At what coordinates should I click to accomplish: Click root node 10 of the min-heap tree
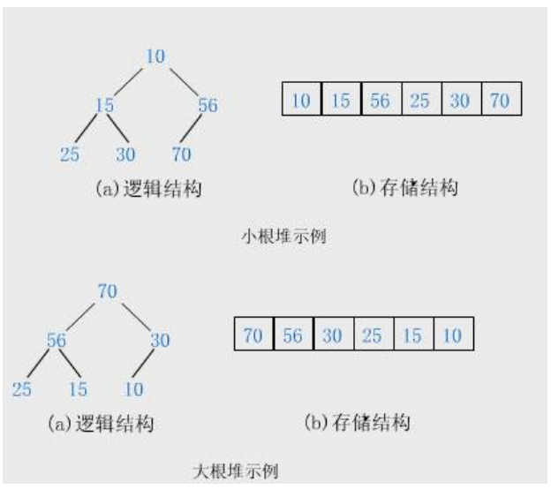pyautogui.click(x=155, y=56)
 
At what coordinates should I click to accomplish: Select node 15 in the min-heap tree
pyautogui.click(x=105, y=106)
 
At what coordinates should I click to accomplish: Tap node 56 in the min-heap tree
pyautogui.click(x=208, y=106)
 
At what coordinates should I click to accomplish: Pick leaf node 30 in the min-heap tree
pyautogui.click(x=125, y=155)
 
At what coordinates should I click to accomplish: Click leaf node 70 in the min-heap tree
pyautogui.click(x=182, y=155)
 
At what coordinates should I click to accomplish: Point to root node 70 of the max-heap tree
pyautogui.click(x=108, y=290)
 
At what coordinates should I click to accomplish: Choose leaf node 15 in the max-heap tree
pyautogui.click(x=78, y=389)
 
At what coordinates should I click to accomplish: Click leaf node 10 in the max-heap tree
pyautogui.click(x=133, y=389)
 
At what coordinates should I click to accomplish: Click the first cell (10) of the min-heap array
pyautogui.click(x=301, y=100)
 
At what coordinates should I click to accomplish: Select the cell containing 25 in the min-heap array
pyautogui.click(x=420, y=100)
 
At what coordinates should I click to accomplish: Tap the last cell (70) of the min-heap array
pyautogui.click(x=501, y=100)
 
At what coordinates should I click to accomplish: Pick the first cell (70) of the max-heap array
pyautogui.click(x=253, y=335)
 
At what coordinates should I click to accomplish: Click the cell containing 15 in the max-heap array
pyautogui.click(x=412, y=335)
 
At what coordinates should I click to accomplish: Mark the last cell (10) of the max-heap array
pyautogui.click(x=452, y=335)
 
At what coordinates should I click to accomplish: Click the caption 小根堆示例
pyautogui.click(x=278, y=237)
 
